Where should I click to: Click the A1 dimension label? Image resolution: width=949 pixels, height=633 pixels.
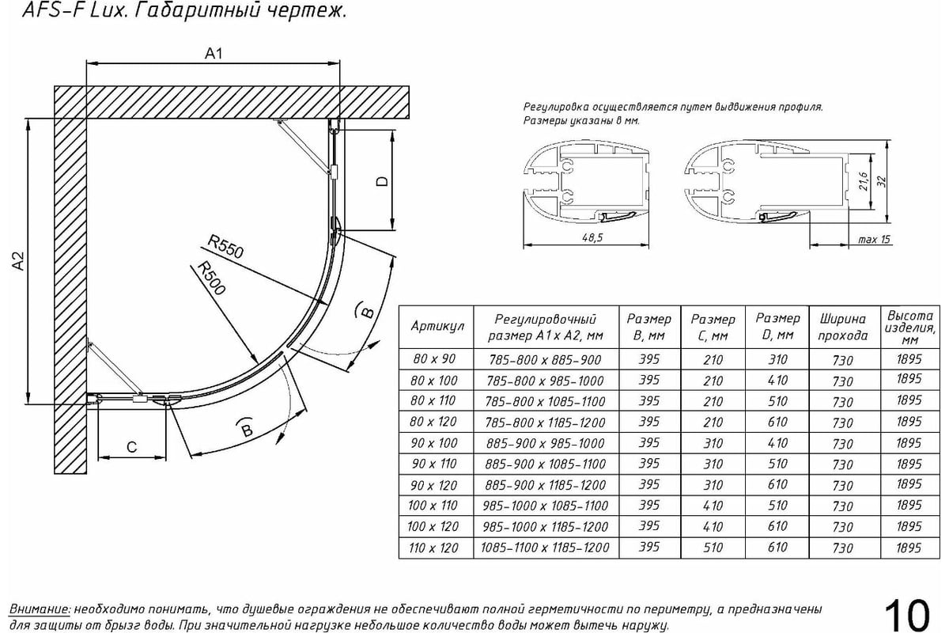(x=214, y=54)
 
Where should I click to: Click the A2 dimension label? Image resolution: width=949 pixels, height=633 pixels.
(x=18, y=261)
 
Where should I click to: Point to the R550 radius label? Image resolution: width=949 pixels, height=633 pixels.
(x=225, y=246)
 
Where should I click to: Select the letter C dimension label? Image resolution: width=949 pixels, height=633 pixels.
(x=132, y=447)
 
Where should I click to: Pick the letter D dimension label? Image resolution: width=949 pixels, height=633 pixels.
(x=382, y=181)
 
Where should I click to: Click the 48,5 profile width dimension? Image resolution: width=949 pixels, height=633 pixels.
(x=592, y=237)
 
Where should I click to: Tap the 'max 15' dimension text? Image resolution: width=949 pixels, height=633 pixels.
(x=874, y=239)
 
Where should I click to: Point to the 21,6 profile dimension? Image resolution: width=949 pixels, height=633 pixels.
(x=864, y=180)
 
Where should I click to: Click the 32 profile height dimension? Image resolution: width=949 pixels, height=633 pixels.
(x=882, y=181)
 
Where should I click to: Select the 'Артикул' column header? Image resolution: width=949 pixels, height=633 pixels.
(x=437, y=326)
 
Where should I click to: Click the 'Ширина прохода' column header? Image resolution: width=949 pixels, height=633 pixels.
(x=843, y=327)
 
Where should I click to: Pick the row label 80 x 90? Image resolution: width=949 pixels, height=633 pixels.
(x=434, y=359)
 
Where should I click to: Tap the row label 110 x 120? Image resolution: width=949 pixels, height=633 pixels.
(x=433, y=548)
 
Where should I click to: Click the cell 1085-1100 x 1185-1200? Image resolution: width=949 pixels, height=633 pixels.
(x=545, y=548)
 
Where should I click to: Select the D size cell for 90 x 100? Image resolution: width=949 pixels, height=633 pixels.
(x=777, y=443)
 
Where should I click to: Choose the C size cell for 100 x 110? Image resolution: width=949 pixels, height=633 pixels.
(x=713, y=506)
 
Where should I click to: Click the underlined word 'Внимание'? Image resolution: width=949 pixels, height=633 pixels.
(x=40, y=609)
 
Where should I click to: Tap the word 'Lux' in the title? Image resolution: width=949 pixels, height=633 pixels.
(x=108, y=10)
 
